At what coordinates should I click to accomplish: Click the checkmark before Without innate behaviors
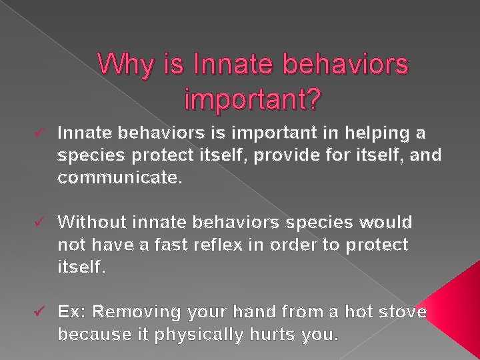[x=43, y=221]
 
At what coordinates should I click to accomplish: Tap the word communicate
[x=119, y=179]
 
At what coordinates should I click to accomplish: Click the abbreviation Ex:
[x=72, y=311]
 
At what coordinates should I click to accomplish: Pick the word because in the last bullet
[x=89, y=335]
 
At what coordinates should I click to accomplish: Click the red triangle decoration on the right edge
[x=460, y=313]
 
